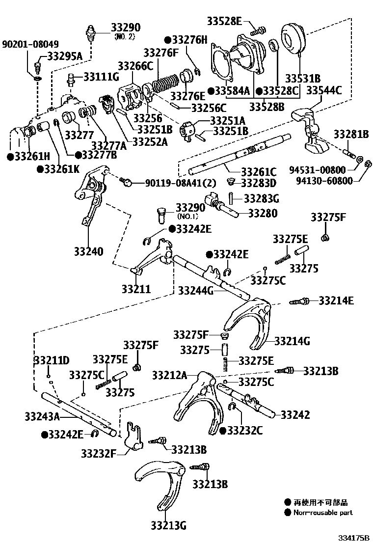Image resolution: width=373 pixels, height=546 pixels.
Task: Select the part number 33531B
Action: pos(303,78)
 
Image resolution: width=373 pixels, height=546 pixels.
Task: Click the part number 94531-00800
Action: pos(319,170)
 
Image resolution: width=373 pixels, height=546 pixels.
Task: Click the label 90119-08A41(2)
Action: pos(180,183)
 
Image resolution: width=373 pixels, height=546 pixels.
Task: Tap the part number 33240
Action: pos(88,252)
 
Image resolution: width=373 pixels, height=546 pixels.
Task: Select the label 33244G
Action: pos(196,291)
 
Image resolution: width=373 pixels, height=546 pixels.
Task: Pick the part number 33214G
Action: pos(292,341)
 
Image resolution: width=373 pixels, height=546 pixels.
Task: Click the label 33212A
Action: pos(169,375)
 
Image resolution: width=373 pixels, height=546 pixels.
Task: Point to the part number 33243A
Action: pos(42,417)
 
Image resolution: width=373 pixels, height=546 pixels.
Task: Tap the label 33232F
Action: pos(99,452)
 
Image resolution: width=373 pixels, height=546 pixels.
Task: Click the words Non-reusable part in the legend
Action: pos(323,513)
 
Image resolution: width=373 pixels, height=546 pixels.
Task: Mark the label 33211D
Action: pos(52,360)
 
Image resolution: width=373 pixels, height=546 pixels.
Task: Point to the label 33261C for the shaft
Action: pos(259,171)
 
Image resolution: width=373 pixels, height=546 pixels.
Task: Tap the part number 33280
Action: pos(263,214)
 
